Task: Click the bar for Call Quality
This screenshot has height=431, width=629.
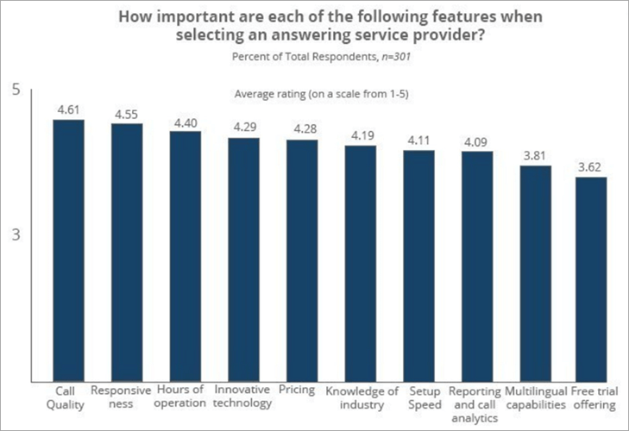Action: point(69,250)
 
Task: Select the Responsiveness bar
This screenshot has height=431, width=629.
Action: point(127,252)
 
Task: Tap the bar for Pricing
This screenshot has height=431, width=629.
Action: point(302,259)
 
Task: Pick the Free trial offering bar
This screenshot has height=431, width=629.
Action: point(592,278)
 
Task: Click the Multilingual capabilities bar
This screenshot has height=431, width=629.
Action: point(535,272)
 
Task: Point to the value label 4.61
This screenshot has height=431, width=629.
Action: point(69,109)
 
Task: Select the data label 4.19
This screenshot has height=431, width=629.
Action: point(361,136)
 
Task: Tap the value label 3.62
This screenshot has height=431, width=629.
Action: point(592,168)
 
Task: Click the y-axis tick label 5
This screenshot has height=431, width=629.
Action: point(16,90)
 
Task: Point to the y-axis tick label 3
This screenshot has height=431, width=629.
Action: point(16,234)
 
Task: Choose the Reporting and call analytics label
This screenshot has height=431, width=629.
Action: point(476,404)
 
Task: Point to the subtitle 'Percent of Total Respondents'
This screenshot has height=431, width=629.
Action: point(313,57)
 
